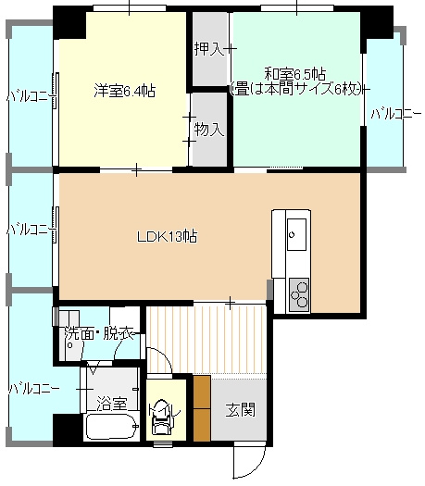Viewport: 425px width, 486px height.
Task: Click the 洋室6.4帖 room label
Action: pyautogui.click(x=125, y=91)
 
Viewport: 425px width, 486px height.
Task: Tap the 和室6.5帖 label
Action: pyautogui.click(x=294, y=74)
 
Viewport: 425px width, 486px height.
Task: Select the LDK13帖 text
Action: pyautogui.click(x=167, y=237)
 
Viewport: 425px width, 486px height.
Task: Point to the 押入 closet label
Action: pyautogui.click(x=209, y=49)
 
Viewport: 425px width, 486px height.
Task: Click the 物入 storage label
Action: pyautogui.click(x=209, y=129)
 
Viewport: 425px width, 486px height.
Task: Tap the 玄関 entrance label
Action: pyautogui.click(x=240, y=409)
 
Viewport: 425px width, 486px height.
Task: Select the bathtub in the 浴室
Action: pyautogui.click(x=112, y=427)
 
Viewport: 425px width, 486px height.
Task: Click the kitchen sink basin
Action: pyautogui.click(x=296, y=234)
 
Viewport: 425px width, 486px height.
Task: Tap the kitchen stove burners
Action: pyautogui.click(x=299, y=294)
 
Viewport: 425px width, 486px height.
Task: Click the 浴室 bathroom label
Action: pyautogui.click(x=112, y=404)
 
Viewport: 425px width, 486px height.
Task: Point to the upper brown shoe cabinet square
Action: pyautogui.click(x=202, y=393)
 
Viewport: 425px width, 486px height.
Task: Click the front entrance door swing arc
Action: pyautogui.click(x=259, y=468)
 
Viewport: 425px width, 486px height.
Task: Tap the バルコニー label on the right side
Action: pyautogui.click(x=396, y=114)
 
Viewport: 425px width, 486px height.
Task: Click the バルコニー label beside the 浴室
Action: pyautogui.click(x=33, y=389)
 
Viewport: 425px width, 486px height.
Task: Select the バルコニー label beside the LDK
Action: pyautogui.click(x=31, y=230)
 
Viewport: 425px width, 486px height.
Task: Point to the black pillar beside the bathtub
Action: pyautogui.click(x=67, y=430)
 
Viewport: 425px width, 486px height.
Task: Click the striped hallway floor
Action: pyautogui.click(x=206, y=340)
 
